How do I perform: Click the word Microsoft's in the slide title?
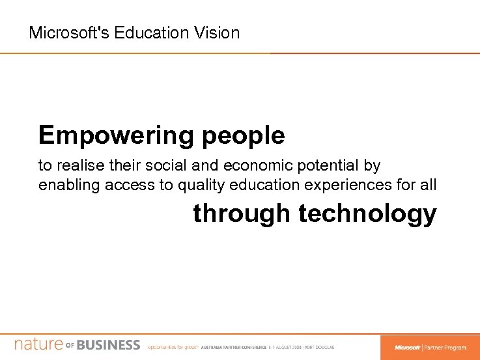point(69,33)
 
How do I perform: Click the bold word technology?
point(367,214)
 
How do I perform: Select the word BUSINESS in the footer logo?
point(108,345)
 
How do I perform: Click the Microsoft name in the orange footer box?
point(407,348)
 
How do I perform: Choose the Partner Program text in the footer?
point(446,348)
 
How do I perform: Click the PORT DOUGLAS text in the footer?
point(320,348)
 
